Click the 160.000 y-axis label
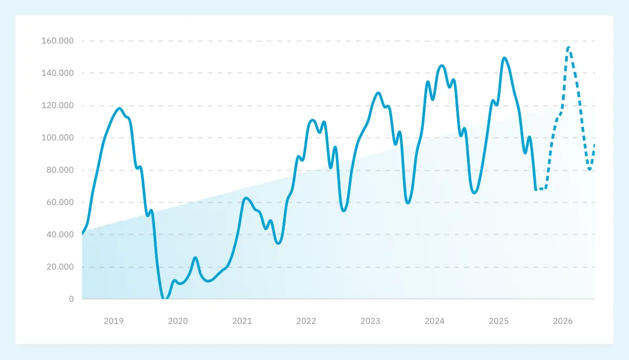pyautogui.click(x=58, y=41)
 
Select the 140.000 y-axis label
pyautogui.click(x=58, y=73)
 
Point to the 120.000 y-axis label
pyautogui.click(x=58, y=105)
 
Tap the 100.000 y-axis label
pyautogui.click(x=58, y=138)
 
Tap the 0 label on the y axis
pyautogui.click(x=71, y=299)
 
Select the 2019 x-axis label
pyautogui.click(x=114, y=321)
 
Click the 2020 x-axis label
pyautogui.click(x=178, y=321)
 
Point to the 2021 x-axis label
pyautogui.click(x=242, y=321)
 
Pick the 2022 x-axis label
pyautogui.click(x=306, y=321)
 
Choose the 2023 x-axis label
pyautogui.click(x=371, y=321)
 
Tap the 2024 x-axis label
pyautogui.click(x=435, y=321)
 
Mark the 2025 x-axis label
pyautogui.click(x=498, y=321)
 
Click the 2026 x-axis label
pyautogui.click(x=563, y=321)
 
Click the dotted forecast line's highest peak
pyautogui.click(x=569, y=48)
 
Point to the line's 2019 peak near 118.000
pyautogui.click(x=120, y=108)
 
